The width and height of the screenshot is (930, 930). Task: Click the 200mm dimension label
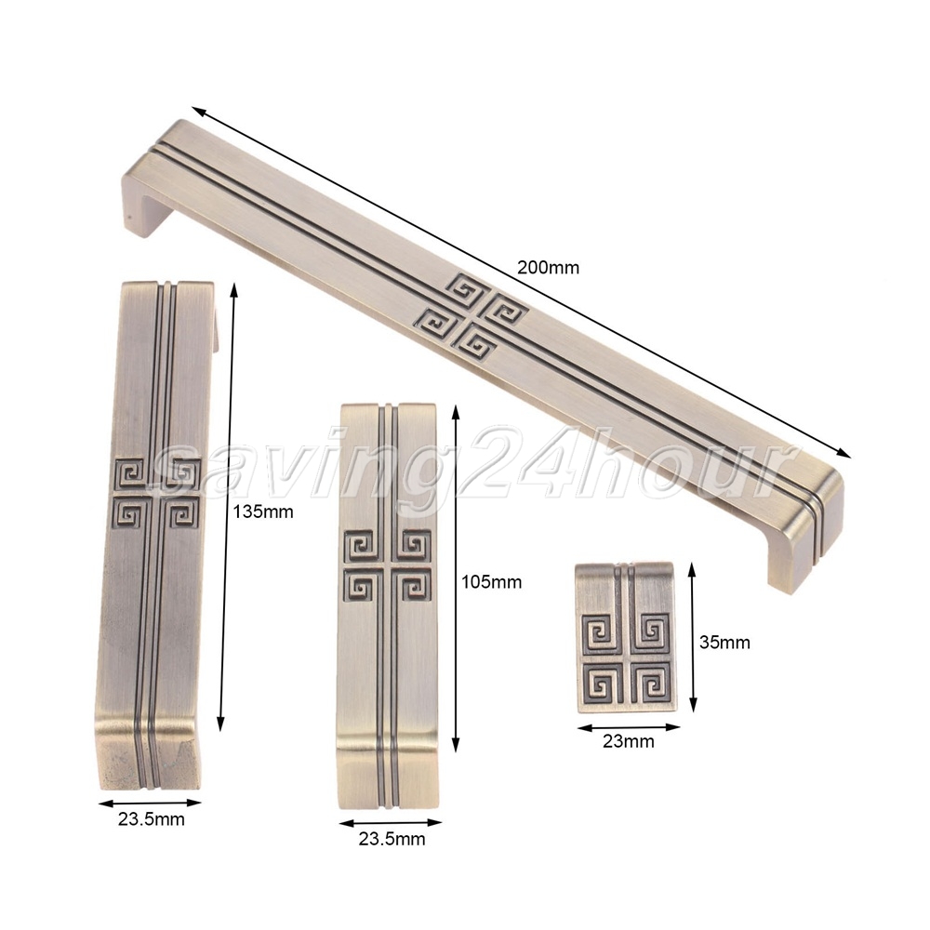click(548, 268)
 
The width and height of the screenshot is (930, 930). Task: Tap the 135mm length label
click(263, 511)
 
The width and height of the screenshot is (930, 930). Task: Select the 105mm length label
click(492, 582)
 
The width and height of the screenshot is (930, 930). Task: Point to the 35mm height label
click(724, 643)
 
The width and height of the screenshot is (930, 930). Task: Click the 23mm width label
click(628, 741)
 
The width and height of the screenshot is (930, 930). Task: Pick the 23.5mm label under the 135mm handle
click(152, 819)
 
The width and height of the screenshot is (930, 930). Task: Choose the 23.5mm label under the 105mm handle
click(392, 839)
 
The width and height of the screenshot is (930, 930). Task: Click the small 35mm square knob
click(625, 636)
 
